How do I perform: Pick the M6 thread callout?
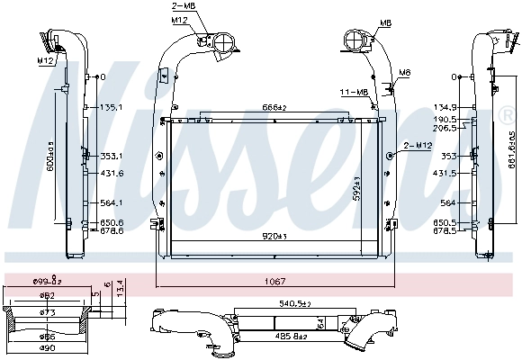405,72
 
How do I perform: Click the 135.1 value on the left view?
111,106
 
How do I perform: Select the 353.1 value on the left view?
111,156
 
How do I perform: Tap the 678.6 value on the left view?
111,230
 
